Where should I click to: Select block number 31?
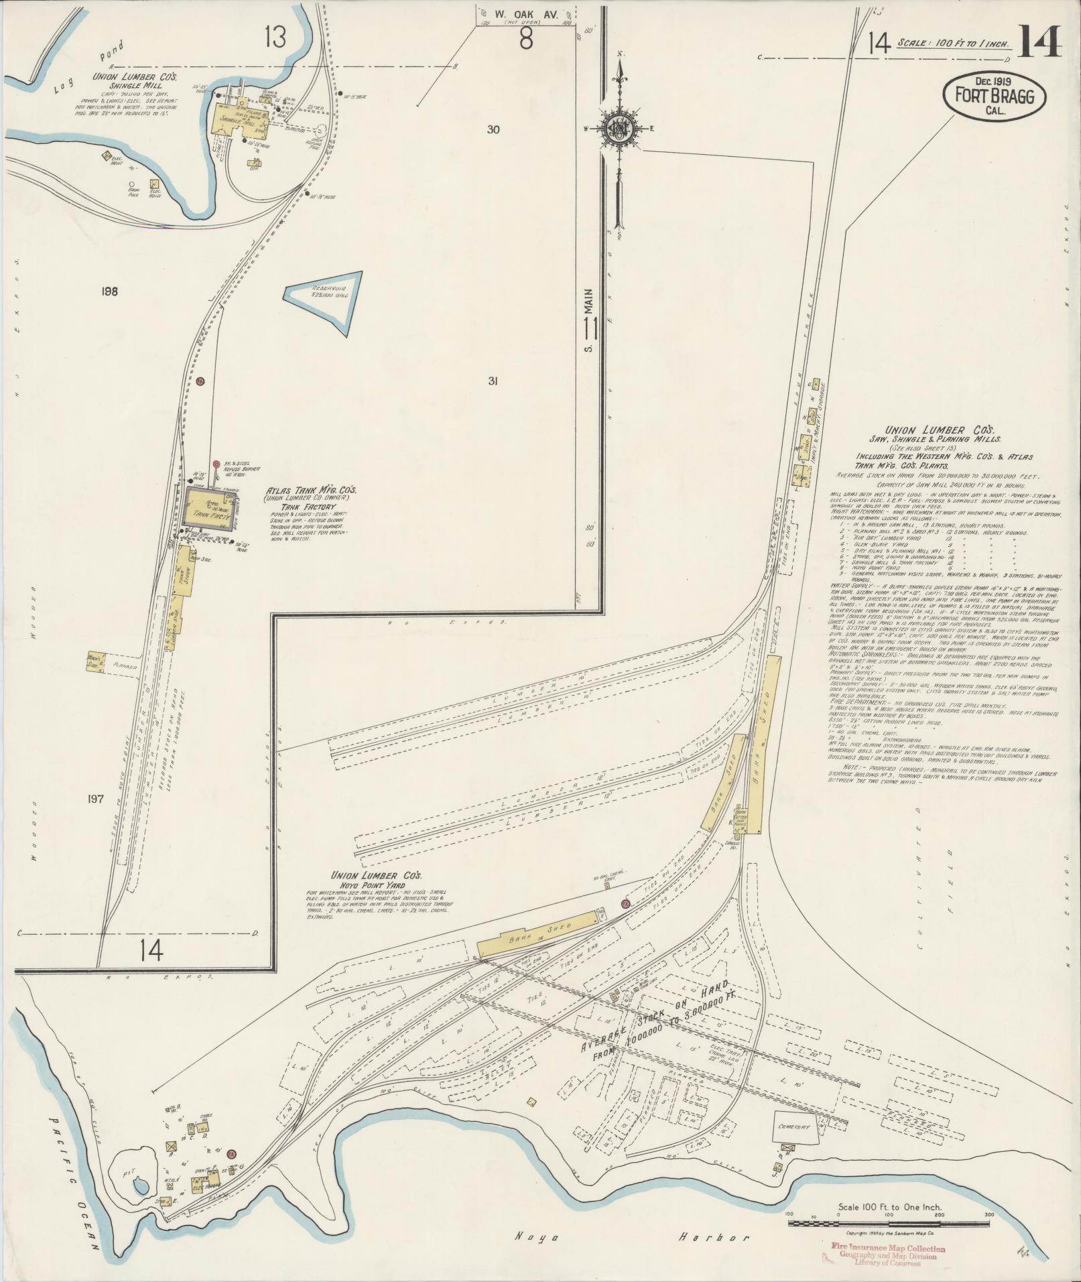[492, 381]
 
